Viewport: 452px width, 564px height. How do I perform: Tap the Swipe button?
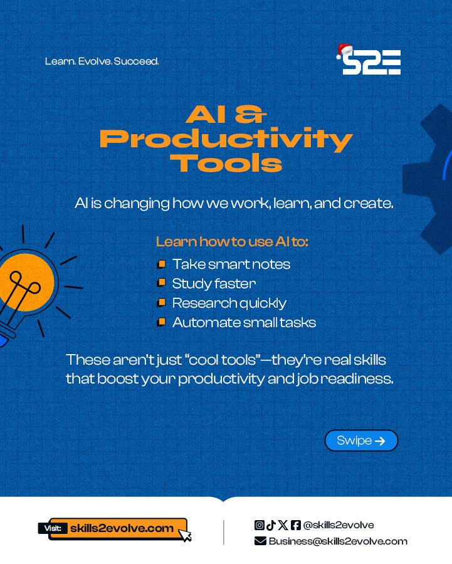pos(361,441)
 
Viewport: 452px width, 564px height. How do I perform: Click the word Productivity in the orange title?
pos(226,139)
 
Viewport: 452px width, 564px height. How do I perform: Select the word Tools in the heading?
pos(226,163)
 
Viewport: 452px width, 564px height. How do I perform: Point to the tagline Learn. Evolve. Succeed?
pos(102,62)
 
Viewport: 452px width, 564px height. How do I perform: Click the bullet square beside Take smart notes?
pos(161,264)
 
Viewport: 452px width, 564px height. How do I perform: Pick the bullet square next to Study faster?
pos(161,284)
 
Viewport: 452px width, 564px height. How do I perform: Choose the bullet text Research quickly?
pos(229,303)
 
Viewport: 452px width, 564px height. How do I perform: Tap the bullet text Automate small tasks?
pos(244,323)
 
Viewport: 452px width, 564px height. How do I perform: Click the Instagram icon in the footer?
pos(259,525)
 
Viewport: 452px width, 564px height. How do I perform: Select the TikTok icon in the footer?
pos(271,525)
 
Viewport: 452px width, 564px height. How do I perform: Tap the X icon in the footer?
pos(283,525)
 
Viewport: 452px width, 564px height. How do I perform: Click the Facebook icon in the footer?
pos(295,525)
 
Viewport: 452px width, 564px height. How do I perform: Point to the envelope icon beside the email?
pos(260,541)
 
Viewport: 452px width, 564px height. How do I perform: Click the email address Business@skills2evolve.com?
pos(338,541)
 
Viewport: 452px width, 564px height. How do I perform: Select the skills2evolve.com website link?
pos(122,528)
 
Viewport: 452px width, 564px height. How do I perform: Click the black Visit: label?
pos(53,529)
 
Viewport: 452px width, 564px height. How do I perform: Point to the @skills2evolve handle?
pos(339,525)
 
